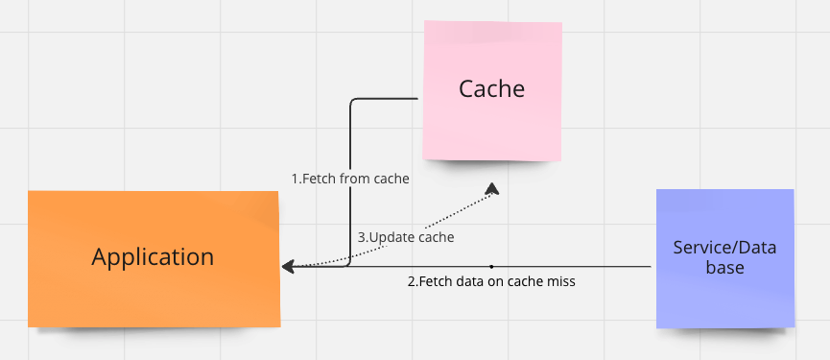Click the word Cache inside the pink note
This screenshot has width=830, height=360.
click(x=492, y=89)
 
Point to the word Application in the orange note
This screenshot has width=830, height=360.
click(x=154, y=256)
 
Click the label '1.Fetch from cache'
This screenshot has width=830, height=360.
click(x=350, y=179)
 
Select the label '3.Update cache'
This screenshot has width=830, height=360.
click(x=406, y=236)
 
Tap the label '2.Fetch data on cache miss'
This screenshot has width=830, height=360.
click(x=491, y=282)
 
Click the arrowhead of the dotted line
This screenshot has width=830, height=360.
click(x=493, y=188)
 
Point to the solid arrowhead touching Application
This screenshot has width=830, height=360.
click(x=287, y=266)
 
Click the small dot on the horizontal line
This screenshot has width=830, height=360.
click(x=491, y=266)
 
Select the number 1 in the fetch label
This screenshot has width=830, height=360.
click(x=295, y=179)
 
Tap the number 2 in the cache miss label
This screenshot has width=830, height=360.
click(x=411, y=282)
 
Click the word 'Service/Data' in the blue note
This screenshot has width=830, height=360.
click(x=724, y=248)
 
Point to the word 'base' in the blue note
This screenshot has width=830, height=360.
click(x=724, y=268)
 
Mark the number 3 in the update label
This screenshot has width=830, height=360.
click(x=362, y=236)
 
